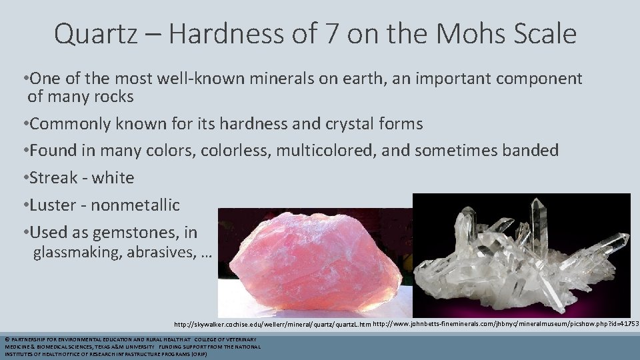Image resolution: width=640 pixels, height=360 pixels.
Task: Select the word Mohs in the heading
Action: click(x=491, y=33)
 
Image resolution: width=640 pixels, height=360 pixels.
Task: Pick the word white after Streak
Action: click(x=113, y=178)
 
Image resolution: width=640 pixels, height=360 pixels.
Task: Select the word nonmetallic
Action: click(x=135, y=205)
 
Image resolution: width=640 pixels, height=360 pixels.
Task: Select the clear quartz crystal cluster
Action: click(x=521, y=257)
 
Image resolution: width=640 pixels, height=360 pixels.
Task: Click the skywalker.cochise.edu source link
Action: click(x=272, y=325)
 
